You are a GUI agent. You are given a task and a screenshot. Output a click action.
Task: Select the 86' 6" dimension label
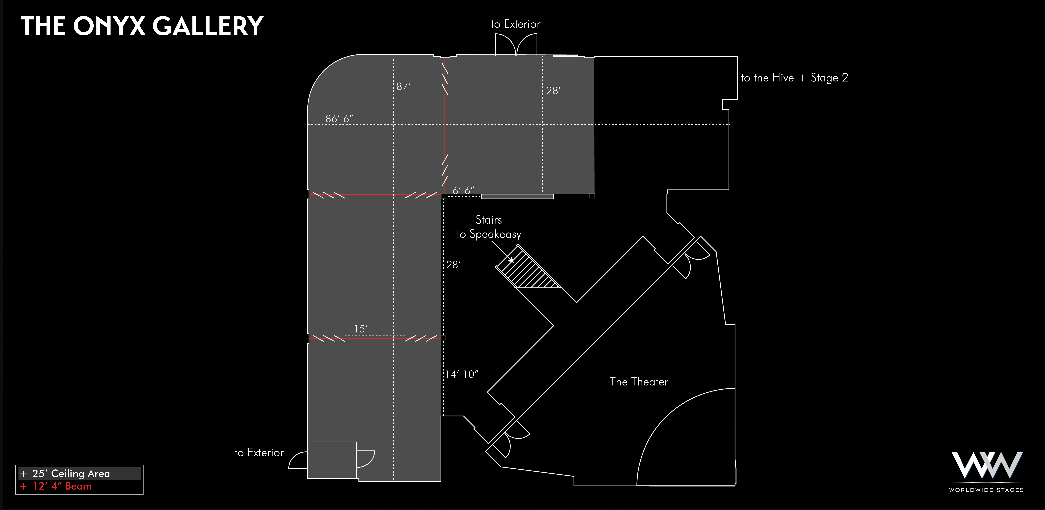339,119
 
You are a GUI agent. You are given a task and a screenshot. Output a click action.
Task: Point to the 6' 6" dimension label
463,190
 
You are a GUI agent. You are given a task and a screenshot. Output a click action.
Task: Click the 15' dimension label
361,329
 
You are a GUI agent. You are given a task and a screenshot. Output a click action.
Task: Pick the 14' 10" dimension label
462,374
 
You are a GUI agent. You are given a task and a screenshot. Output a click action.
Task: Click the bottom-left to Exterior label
259,452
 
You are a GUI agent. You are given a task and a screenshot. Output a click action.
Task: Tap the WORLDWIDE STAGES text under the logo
986,490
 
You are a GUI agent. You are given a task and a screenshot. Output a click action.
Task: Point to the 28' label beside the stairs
453,265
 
